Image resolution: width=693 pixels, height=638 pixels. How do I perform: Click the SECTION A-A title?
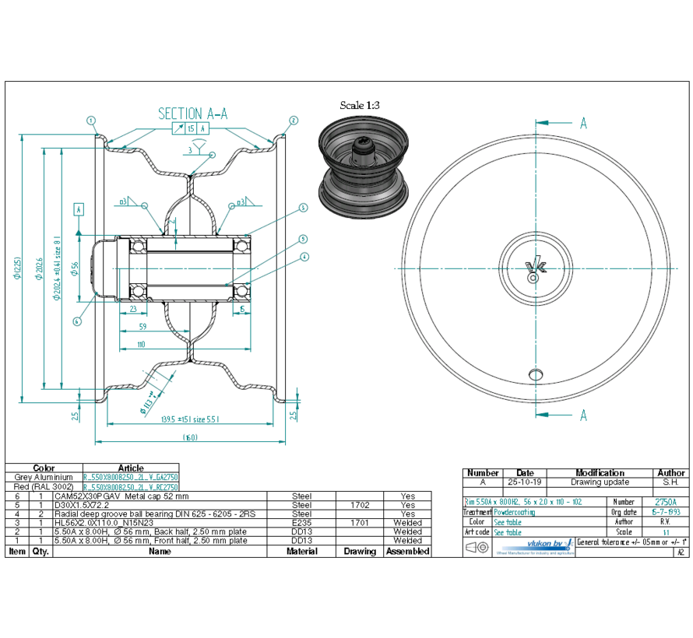(x=192, y=114)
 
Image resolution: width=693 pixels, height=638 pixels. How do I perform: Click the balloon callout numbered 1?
(x=91, y=121)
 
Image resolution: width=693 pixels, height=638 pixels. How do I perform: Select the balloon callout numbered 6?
(x=77, y=321)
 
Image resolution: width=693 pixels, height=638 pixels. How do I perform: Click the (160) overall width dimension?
(x=189, y=437)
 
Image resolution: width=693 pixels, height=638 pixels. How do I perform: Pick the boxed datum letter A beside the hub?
(x=79, y=209)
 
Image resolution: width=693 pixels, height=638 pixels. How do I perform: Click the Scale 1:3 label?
(x=360, y=105)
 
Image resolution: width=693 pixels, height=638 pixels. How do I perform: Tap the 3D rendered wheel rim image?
(x=364, y=164)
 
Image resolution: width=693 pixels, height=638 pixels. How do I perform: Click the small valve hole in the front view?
(x=535, y=373)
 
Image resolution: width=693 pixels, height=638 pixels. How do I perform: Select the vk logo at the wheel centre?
(x=536, y=268)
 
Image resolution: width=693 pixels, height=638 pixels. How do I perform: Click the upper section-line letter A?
(x=583, y=123)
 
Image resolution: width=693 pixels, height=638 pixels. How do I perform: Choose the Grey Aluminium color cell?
(x=44, y=477)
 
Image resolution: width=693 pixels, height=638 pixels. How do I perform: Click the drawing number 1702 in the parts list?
(x=360, y=505)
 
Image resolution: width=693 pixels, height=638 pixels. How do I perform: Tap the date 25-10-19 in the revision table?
(x=526, y=482)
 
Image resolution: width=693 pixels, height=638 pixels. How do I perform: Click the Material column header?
(x=301, y=551)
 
